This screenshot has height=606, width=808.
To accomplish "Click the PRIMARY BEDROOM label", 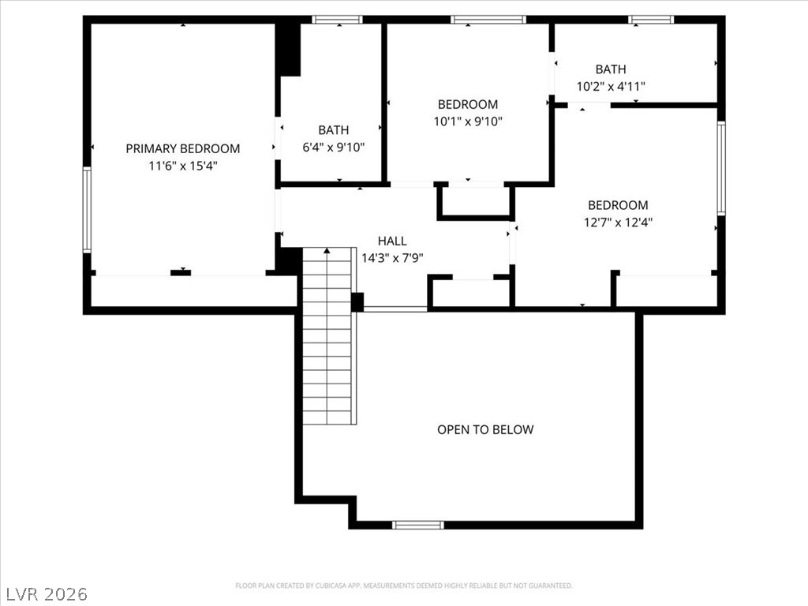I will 183,148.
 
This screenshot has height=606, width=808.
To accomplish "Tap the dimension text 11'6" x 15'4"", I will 183,166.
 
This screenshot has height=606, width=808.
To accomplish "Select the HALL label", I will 392,241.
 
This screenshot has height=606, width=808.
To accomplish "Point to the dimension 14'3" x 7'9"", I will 392,257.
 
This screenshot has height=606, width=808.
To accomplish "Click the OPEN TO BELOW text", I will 485,429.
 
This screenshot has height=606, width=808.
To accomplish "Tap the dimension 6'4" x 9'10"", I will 333,147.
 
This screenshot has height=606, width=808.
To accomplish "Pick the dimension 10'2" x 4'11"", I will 611,87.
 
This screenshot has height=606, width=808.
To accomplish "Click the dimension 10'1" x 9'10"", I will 468,122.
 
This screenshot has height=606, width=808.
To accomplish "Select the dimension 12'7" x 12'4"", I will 618,223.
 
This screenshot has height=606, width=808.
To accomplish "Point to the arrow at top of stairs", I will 327,251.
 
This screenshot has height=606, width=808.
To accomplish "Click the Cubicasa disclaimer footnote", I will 403,585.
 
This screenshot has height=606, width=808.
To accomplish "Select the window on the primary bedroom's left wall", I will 87,210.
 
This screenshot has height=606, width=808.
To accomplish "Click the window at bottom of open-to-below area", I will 417,525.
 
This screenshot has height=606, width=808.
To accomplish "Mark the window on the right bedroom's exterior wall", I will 720,168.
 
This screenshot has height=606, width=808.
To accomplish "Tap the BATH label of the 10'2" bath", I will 611,69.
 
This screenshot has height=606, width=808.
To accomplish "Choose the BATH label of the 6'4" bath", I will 333,129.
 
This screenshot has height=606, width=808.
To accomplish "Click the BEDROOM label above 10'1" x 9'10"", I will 468,104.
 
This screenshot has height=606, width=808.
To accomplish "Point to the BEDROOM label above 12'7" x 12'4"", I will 618,205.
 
